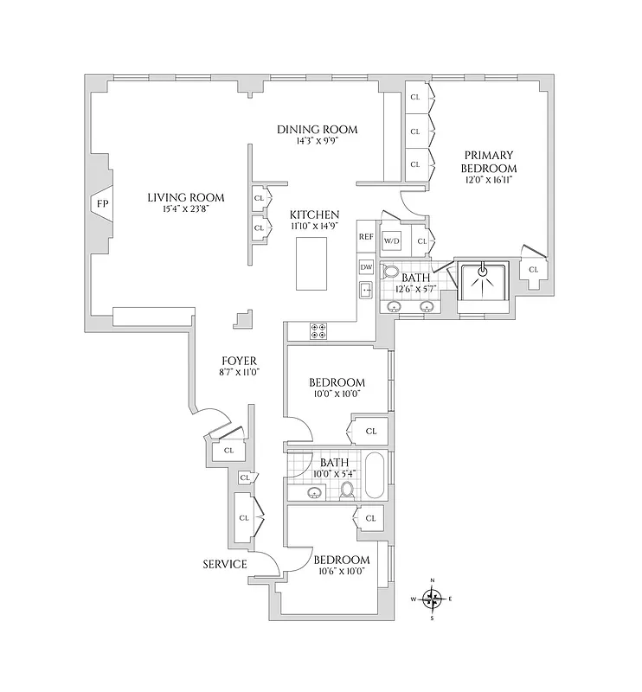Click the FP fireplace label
[x=103, y=204]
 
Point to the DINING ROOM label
[x=317, y=130]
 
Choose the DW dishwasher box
[x=366, y=266]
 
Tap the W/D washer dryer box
[x=392, y=240]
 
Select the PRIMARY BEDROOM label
[x=488, y=162]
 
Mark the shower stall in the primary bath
[x=484, y=285]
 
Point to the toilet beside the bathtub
[x=348, y=490]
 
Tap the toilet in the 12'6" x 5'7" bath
[x=389, y=271]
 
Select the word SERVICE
[x=225, y=564]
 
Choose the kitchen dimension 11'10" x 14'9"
[x=314, y=227]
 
